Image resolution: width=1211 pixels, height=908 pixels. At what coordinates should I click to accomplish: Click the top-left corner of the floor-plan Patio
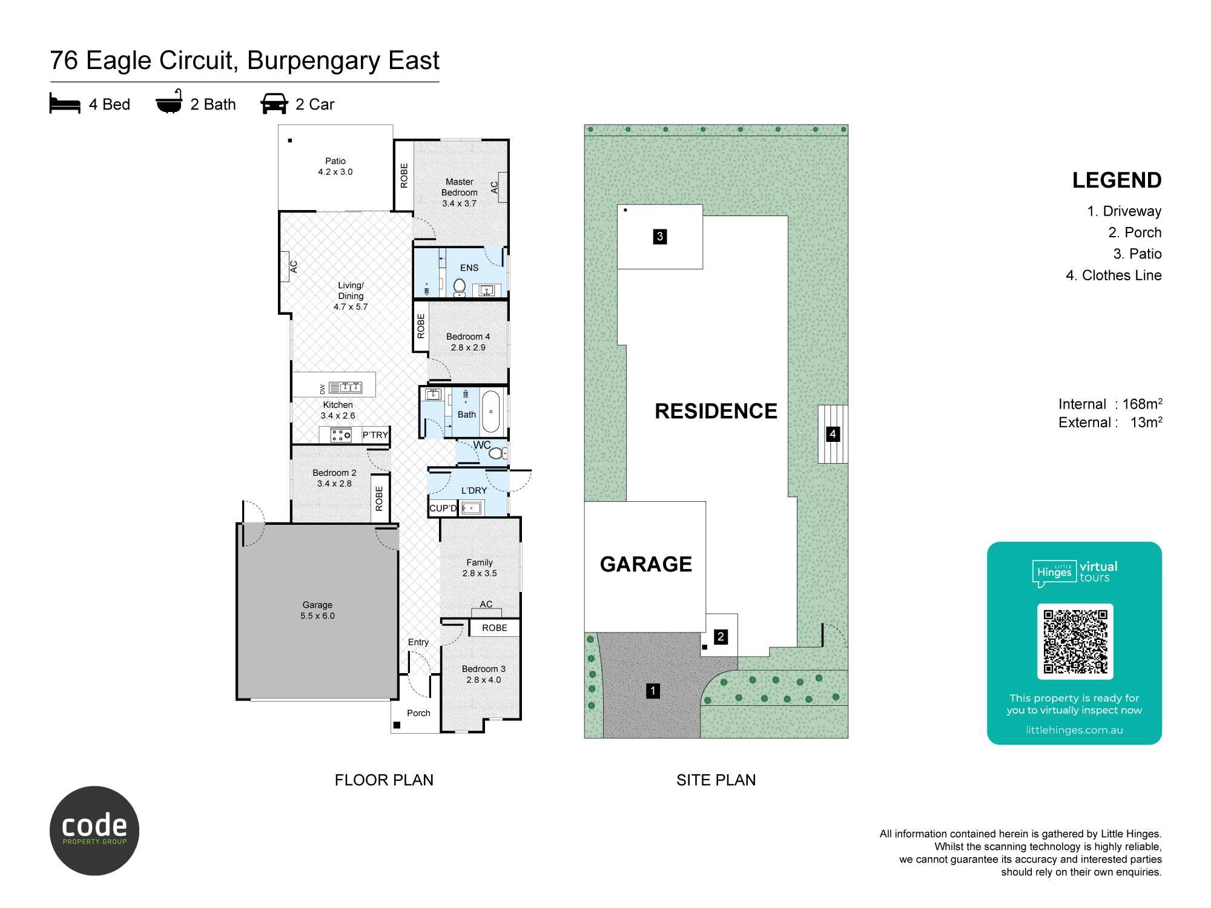(279, 125)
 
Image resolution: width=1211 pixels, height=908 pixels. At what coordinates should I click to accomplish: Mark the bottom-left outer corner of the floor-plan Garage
(237, 700)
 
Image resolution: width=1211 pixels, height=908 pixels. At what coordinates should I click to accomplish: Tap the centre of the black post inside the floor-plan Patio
(290, 140)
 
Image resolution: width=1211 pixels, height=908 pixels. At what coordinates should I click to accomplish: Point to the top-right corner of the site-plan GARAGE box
(705, 502)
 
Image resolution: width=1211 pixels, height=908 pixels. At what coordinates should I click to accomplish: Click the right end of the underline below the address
(439, 82)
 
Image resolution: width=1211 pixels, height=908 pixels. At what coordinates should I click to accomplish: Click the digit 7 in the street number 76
(57, 61)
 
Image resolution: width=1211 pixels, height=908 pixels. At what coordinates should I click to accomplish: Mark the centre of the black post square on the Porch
(397, 725)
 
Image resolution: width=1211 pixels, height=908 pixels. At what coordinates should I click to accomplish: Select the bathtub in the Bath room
(491, 412)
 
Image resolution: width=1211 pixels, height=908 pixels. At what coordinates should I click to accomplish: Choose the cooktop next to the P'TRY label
(341, 435)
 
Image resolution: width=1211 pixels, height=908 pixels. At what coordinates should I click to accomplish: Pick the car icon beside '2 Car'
(274, 104)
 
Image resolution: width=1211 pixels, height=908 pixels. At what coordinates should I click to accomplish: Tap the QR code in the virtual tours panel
(1075, 641)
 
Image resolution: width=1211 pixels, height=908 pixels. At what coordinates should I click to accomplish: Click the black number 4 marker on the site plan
(833, 434)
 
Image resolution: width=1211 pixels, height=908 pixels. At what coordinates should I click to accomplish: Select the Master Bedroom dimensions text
(460, 203)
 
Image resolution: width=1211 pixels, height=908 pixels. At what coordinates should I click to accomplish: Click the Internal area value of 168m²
(1142, 404)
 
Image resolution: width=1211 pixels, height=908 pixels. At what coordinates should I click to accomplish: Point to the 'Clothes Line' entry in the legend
(1121, 275)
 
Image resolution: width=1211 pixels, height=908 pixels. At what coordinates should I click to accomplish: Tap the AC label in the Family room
(486, 604)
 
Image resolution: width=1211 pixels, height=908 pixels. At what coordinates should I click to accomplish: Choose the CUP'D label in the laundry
(443, 508)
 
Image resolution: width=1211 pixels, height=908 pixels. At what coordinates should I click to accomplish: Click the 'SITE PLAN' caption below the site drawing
(716, 780)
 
